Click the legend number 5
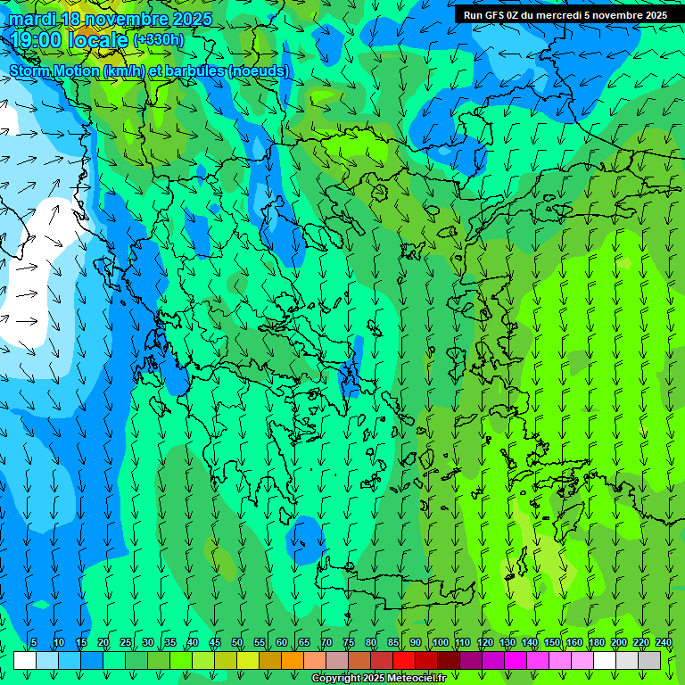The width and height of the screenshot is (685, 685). coord(34,642)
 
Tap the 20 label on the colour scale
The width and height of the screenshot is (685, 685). coord(103,642)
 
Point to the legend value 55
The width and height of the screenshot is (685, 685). coord(260,642)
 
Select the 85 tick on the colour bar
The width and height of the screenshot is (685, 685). coord(393,642)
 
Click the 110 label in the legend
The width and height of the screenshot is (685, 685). coord(463,642)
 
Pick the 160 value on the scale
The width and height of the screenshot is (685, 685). coord(574,642)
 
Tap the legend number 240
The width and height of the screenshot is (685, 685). coord(664,642)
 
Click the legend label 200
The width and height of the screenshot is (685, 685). coord(619,642)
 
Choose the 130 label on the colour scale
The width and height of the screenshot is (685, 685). coord(508,642)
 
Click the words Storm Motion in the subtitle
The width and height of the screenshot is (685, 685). coord(54,71)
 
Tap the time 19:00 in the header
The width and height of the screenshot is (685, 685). coord(37,40)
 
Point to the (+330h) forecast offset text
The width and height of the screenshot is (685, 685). coord(159,40)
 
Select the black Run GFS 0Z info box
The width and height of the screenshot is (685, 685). coord(565,15)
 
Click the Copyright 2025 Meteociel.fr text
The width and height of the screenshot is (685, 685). coord(378,679)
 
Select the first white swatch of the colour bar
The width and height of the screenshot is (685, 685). coord(25,660)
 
